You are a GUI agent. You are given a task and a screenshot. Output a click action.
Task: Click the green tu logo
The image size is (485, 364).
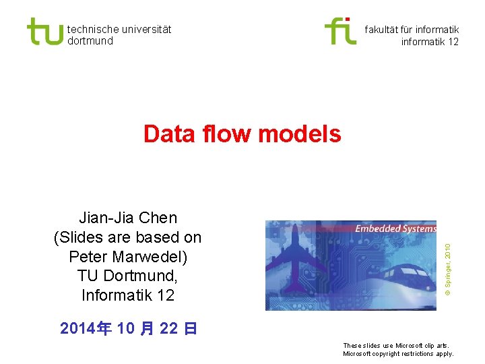[44, 31]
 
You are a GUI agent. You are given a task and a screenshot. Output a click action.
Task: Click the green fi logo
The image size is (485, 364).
[340, 31]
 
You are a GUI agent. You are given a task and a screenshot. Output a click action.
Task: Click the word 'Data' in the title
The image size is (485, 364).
[169, 134]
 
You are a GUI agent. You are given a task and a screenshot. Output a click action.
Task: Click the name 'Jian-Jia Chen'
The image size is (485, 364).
[128, 218]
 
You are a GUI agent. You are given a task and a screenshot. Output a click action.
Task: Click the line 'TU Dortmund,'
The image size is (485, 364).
[128, 276]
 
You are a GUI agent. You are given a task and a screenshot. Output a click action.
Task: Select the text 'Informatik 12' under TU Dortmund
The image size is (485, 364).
[128, 295]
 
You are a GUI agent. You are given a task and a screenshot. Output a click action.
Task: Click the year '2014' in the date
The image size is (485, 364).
[77, 329]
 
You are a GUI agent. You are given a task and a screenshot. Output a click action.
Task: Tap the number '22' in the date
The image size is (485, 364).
[169, 329]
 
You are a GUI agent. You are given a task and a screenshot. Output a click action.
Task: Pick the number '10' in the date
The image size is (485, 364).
[126, 329]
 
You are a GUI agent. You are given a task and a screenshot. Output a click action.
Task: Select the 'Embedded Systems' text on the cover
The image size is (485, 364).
[395, 229]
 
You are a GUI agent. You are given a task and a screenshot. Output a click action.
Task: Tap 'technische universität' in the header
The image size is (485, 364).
[119, 29]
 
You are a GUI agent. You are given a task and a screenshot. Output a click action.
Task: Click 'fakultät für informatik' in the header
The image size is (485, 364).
[412, 29]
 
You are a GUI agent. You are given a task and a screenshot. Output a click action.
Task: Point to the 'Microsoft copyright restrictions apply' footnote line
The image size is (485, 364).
[399, 354]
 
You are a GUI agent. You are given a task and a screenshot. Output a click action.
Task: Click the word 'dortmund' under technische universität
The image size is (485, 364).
[90, 41]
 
